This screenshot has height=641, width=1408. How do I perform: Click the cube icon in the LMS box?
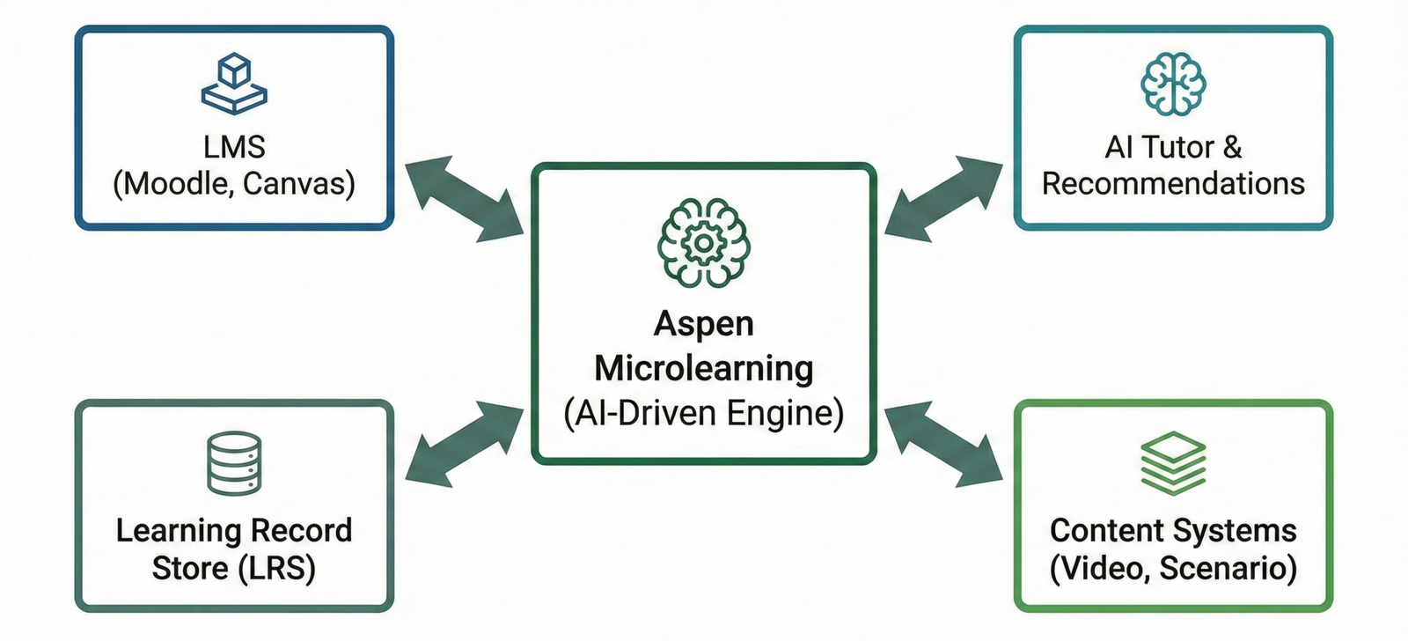pos(234,84)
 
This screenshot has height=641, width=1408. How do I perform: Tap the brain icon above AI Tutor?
pos(1173,84)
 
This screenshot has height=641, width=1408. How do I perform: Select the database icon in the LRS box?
pos(234,463)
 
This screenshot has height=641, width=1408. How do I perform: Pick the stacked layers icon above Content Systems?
pos(1173,463)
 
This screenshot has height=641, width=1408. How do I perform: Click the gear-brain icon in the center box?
pos(703,242)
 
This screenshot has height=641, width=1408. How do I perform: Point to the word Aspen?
pos(703,324)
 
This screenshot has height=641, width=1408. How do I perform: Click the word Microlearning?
pos(703,368)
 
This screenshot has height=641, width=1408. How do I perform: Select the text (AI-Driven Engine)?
pos(703,413)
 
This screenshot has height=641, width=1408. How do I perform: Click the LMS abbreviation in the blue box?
pos(234,146)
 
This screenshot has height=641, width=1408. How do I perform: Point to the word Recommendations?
pos(1173,184)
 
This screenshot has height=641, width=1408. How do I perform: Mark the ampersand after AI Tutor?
pos(1232,146)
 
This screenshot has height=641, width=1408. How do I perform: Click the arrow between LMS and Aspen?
pos(464,199)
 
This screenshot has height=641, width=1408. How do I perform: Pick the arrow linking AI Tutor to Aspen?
pos(943,199)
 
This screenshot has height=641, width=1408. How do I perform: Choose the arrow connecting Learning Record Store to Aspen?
pos(464,443)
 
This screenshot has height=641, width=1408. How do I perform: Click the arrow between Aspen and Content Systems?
pos(943,443)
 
